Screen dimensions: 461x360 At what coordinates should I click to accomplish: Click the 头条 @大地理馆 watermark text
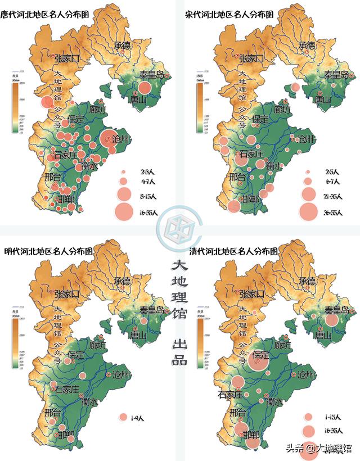click(318, 448)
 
